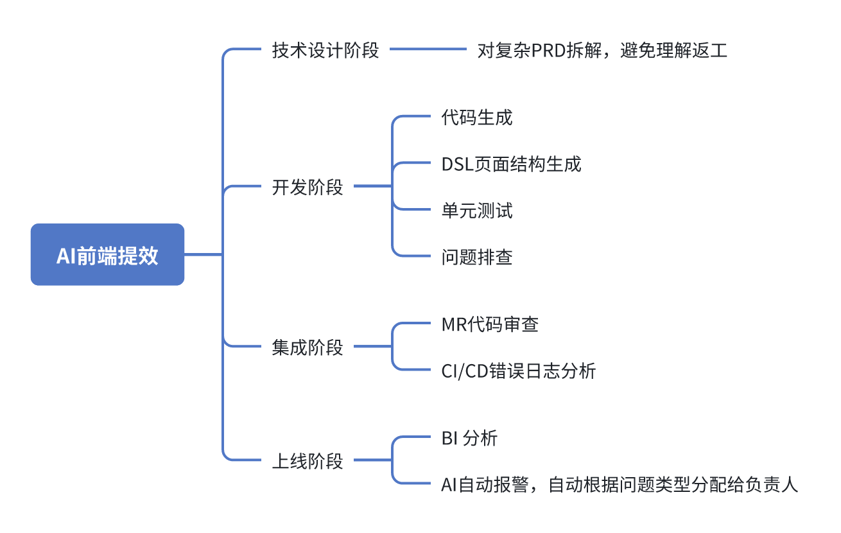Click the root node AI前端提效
point(107,255)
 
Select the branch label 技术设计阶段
point(325,50)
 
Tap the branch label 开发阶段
point(308,187)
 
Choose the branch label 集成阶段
point(308,347)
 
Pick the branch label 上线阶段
point(308,461)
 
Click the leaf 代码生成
point(477,118)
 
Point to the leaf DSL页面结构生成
point(511,164)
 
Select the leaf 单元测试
point(477,210)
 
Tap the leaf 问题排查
point(477,257)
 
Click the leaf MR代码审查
point(490,324)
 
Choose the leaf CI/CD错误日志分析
point(519,371)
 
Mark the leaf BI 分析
point(469,439)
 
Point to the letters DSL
point(457,164)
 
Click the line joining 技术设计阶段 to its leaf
point(428,49)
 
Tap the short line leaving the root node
point(203,255)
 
